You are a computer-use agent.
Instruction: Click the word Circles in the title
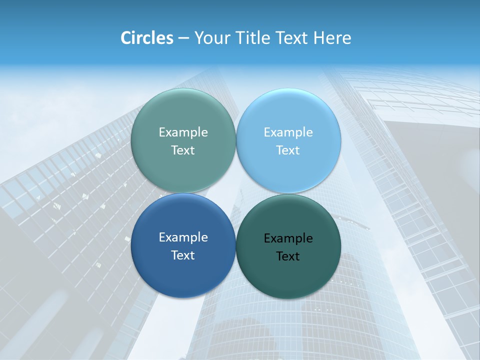[x=147, y=38]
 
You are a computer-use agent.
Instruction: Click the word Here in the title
[x=332, y=38]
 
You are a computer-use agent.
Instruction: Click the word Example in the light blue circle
[x=288, y=132]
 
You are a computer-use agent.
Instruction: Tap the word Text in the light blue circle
[x=288, y=150]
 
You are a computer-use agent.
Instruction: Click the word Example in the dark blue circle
[x=183, y=237]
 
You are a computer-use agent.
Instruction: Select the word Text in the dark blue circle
[x=183, y=255]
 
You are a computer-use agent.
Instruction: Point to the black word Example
[x=288, y=238]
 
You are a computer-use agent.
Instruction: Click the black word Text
[x=288, y=256]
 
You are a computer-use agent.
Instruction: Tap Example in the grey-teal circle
[x=183, y=132]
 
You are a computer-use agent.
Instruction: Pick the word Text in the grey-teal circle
[x=183, y=150]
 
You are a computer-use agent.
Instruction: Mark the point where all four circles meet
[x=235, y=193]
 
